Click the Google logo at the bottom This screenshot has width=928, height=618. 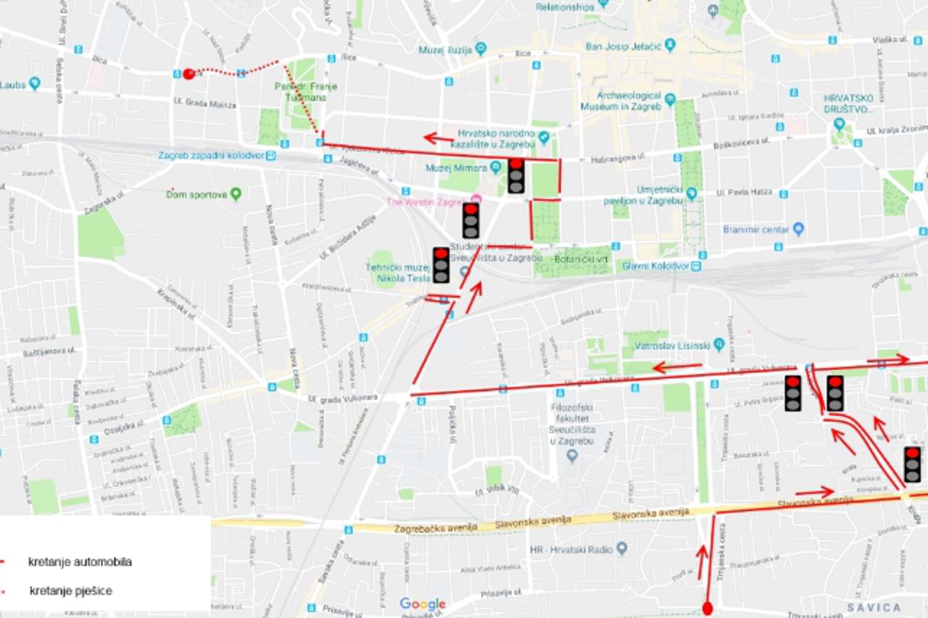coord(422,604)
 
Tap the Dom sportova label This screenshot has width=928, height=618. coord(196,194)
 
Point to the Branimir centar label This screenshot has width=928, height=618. coord(756,230)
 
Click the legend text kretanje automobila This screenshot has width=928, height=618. coord(80,561)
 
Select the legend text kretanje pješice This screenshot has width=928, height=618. coord(71,590)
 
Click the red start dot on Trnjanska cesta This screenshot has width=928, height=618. coord(708,608)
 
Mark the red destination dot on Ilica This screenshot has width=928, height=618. coord(188,73)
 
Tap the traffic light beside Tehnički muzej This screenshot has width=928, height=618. coord(441,265)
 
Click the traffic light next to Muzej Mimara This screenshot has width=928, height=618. coord(515,175)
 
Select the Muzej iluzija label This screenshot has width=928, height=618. coord(445,50)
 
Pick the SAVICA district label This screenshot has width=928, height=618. coord(874,607)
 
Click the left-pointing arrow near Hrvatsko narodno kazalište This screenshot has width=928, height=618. coord(438,138)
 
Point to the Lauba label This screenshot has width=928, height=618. coord(13,84)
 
